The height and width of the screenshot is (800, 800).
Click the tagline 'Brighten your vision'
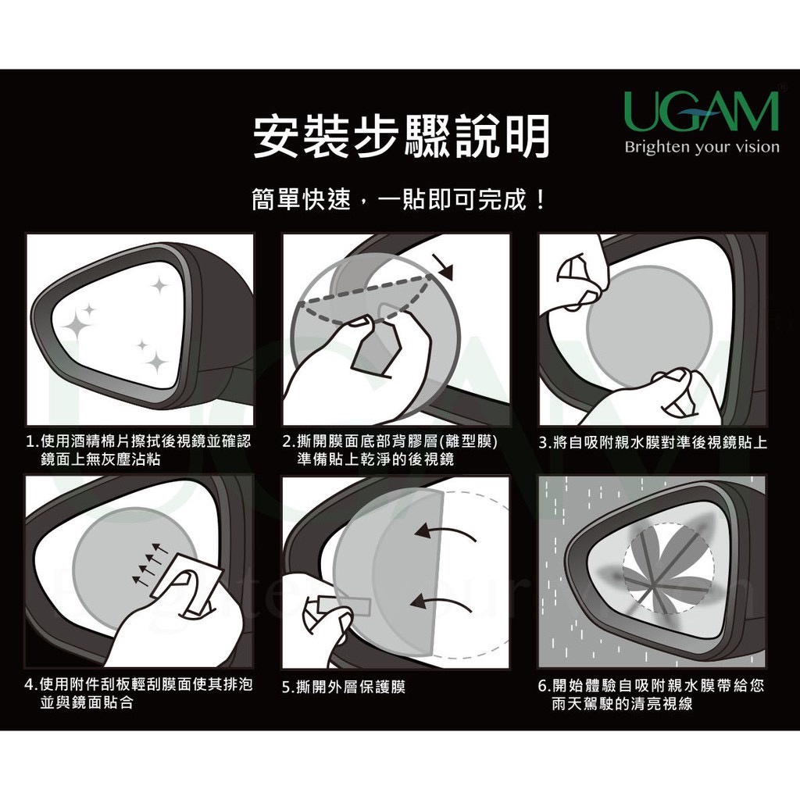(x=702, y=147)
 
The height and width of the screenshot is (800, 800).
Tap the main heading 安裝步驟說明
(x=401, y=135)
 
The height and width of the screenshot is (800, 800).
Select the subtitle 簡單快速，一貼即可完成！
(x=398, y=199)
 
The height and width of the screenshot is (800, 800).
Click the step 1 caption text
(x=139, y=450)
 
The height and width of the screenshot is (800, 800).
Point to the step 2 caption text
(x=390, y=450)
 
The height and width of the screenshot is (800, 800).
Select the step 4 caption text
(x=139, y=693)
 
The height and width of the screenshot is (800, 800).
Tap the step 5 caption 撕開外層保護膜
(x=344, y=687)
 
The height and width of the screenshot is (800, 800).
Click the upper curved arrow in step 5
(x=445, y=533)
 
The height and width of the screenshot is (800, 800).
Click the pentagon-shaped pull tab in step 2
(x=374, y=348)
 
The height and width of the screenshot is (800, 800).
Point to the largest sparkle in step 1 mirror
(x=77, y=323)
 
